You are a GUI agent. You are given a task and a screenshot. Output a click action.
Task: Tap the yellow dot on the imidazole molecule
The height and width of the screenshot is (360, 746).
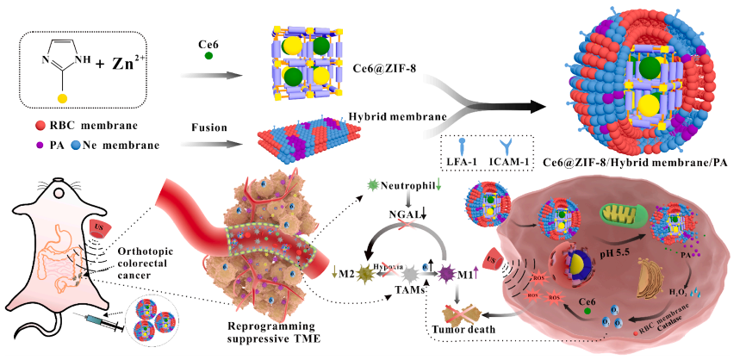point(62,99)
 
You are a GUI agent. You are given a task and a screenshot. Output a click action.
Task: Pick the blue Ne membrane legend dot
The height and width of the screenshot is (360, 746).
point(76,145)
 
